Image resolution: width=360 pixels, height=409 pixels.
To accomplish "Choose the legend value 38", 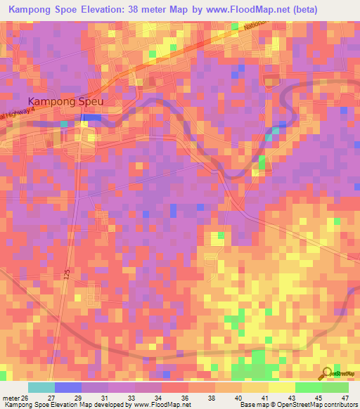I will (212, 397).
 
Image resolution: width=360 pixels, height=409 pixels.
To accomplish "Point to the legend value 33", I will (131, 397).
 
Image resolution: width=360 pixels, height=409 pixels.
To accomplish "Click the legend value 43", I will (290, 397).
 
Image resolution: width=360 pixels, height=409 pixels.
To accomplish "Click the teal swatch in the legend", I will (41, 387).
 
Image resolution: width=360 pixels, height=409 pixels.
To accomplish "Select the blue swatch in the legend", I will (68, 387).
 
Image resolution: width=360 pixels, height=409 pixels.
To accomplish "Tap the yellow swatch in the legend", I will (281, 387).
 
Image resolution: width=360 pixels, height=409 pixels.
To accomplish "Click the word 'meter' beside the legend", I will (11, 397).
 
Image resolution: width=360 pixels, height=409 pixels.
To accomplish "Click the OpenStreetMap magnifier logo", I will (326, 374).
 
